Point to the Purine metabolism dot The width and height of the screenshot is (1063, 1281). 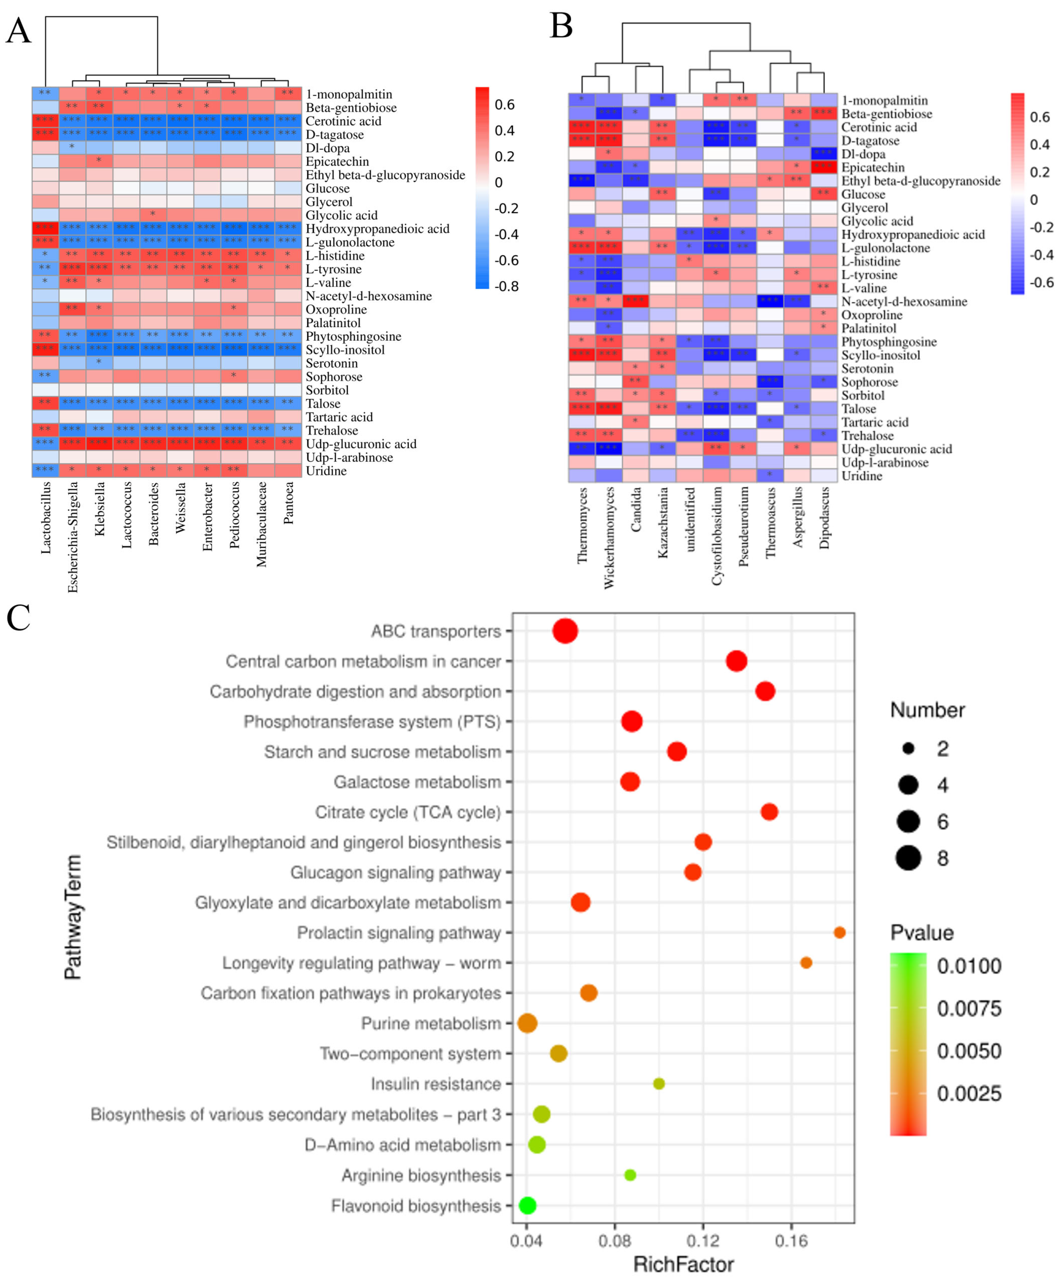[527, 1023]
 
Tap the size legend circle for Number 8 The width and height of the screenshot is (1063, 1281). [909, 858]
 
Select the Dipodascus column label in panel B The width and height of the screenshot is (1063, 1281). [824, 517]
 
